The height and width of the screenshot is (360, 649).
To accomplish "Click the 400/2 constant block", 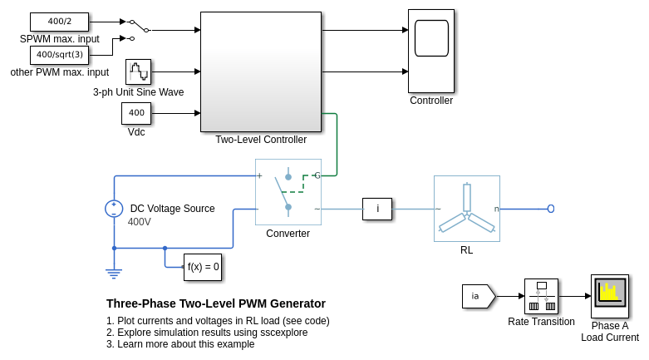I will tap(59, 22).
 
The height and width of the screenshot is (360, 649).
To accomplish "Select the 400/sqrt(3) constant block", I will tap(59, 55).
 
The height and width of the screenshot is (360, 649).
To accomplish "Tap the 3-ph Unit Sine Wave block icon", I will tap(138, 72).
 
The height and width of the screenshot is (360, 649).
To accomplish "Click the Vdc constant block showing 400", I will tap(136, 113).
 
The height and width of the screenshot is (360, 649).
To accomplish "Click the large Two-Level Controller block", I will tap(260, 72).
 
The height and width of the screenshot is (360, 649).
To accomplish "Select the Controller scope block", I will tap(431, 51).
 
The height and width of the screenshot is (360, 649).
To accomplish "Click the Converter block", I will tap(288, 192).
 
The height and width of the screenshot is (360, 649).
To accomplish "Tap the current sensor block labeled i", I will tap(377, 209).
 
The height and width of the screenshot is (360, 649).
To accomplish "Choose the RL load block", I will tap(466, 209).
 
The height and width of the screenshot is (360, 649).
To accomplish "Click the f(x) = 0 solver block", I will tap(203, 267).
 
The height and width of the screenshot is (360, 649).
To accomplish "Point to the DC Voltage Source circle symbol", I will tap(114, 209).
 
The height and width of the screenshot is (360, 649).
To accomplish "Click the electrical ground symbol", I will tap(114, 271).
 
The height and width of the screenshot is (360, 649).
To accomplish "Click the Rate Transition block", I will tap(541, 296).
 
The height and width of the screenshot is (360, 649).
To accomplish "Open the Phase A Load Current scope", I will tap(609, 296).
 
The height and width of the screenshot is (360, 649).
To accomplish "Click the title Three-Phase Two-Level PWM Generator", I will tap(216, 303).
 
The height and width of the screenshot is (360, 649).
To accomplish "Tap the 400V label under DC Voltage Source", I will tap(139, 222).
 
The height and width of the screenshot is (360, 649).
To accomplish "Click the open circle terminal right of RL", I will tap(551, 209).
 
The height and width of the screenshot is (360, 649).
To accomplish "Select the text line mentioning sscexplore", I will tap(207, 333).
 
